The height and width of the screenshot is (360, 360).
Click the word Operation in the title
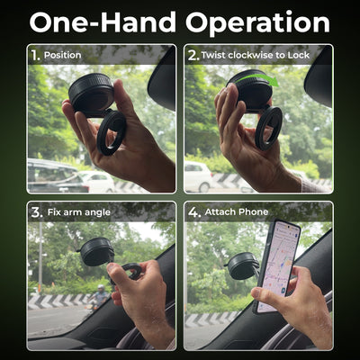(258, 23)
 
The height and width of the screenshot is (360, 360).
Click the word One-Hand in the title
(103, 22)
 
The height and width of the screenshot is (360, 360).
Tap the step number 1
(35, 55)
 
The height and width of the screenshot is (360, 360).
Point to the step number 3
(37, 212)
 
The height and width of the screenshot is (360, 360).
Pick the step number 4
(194, 212)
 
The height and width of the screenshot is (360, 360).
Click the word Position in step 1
(62, 55)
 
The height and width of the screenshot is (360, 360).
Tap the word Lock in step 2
(298, 55)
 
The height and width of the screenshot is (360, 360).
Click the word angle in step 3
(97, 212)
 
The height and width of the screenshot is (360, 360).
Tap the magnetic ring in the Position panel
(111, 132)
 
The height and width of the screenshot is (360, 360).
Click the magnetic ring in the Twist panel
(268, 129)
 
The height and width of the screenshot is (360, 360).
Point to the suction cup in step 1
(91, 94)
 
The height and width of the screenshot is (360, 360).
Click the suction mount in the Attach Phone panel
(242, 265)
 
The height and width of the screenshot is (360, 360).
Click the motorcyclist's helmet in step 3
(101, 288)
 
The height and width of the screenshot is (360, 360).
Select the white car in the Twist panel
(198, 176)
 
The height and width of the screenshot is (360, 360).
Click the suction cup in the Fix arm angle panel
(96, 251)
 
